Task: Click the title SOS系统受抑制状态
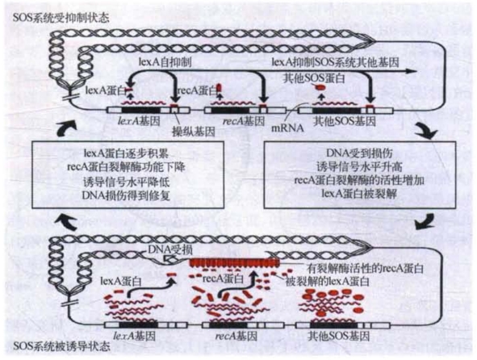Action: pyautogui.click(x=61, y=18)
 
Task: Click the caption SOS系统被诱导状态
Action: pyautogui.click(x=62, y=347)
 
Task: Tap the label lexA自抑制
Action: pyautogui.click(x=165, y=62)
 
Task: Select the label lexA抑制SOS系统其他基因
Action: pyautogui.click(x=335, y=62)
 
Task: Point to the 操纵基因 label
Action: pyautogui.click(x=194, y=132)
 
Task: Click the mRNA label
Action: pyautogui.click(x=287, y=128)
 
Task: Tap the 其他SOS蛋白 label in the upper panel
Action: pyautogui.click(x=314, y=78)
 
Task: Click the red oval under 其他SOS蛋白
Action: pyautogui.click(x=321, y=87)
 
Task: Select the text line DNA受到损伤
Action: pyautogui.click(x=359, y=153)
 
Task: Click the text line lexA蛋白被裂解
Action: pyautogui.click(x=359, y=193)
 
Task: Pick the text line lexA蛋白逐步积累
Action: pyautogui.click(x=127, y=153)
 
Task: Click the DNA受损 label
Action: pyautogui.click(x=170, y=250)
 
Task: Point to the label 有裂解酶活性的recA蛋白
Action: pyautogui.click(x=365, y=269)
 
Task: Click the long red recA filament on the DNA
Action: pyautogui.click(x=234, y=262)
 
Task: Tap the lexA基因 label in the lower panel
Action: pyautogui.click(x=134, y=336)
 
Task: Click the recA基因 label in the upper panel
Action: pyautogui.click(x=244, y=121)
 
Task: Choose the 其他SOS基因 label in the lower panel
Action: pyautogui.click(x=339, y=336)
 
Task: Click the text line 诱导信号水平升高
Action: pyautogui.click(x=359, y=166)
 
